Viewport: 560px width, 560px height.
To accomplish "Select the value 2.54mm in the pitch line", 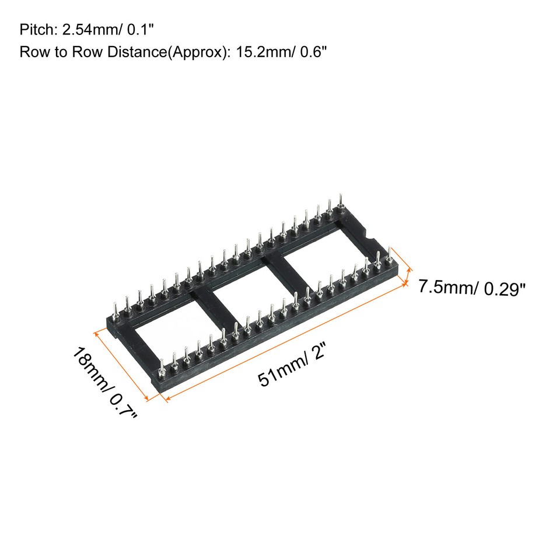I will (x=80, y=29).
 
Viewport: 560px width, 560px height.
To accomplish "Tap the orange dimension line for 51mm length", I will (x=286, y=341).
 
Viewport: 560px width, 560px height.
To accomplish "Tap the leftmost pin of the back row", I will (x=116, y=307).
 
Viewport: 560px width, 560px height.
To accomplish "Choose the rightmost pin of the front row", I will (x=390, y=256).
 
